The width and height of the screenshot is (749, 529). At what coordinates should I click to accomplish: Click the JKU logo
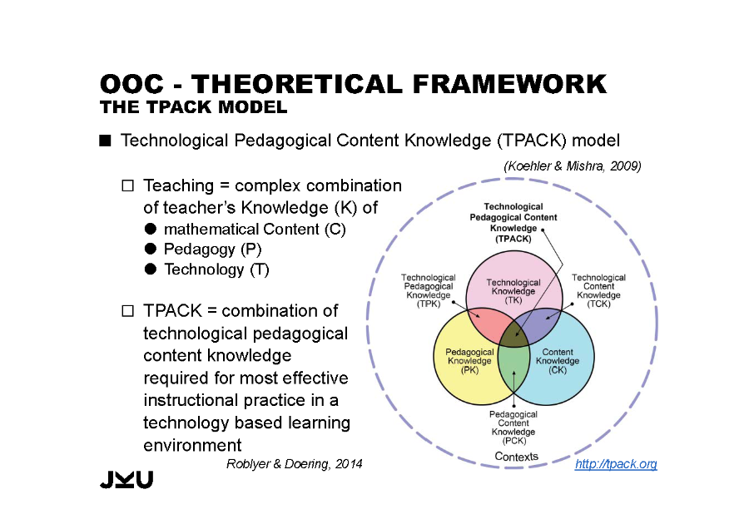point(126,479)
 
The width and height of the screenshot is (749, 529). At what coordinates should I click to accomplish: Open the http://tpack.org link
point(616,463)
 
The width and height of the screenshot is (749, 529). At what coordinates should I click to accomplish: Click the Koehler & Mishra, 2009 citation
point(573,166)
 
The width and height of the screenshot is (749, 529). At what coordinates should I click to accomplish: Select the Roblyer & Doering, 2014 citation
point(295,464)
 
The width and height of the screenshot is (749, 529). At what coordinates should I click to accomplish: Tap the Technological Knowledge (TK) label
point(513,291)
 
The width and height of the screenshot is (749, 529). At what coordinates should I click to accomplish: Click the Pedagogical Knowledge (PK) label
point(469,361)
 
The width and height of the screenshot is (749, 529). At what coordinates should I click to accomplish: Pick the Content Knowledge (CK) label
point(558,361)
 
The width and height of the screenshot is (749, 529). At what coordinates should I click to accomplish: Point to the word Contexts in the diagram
point(516,457)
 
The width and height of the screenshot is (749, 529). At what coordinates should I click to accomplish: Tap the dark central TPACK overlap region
point(514,334)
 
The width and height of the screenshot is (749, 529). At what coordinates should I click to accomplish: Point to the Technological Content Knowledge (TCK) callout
point(598,291)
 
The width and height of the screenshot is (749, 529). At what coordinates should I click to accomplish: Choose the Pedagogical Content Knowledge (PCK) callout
point(513,428)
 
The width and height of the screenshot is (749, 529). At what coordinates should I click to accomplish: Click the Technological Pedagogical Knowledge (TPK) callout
point(429,291)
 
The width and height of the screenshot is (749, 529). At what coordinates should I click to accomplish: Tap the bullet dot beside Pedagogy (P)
point(151,249)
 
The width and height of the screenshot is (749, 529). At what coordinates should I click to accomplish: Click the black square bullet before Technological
point(105,141)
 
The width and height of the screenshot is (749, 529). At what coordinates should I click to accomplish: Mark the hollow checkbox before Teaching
point(127,185)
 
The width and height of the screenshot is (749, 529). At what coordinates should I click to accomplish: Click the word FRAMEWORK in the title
point(509,84)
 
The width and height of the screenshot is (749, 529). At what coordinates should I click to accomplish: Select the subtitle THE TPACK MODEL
point(193,107)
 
